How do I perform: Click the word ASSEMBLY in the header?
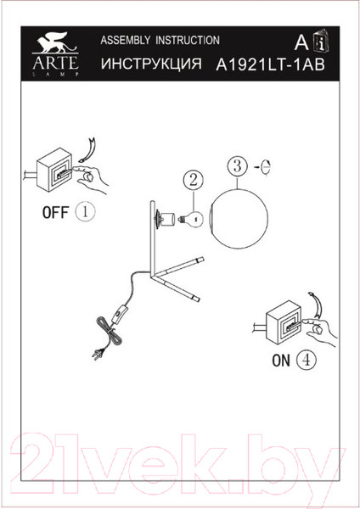tap(126, 40)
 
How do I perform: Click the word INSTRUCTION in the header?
tap(188, 40)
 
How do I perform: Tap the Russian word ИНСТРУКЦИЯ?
tap(151, 64)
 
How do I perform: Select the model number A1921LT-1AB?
tap(270, 64)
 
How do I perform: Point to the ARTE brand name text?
tap(55, 63)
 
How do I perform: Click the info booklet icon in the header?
tap(321, 41)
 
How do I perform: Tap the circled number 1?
tap(85, 212)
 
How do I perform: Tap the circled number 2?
tap(194, 180)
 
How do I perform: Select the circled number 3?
tap(238, 166)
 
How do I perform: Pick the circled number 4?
tap(306, 360)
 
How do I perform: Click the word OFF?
tap(55, 212)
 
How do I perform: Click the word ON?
tap(281, 361)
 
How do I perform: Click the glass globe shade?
tap(239, 219)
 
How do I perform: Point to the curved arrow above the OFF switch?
tap(89, 150)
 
